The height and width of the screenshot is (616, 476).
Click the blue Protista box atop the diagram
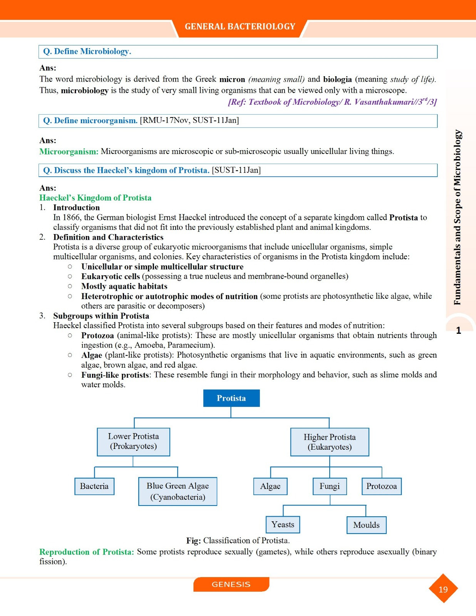pyautogui.click(x=231, y=398)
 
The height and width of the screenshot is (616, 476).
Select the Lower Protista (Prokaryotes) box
pyautogui.click(x=133, y=442)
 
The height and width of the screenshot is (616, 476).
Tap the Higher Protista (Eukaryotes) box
pyautogui.click(x=330, y=442)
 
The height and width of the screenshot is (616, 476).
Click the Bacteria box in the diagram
pyautogui.click(x=94, y=486)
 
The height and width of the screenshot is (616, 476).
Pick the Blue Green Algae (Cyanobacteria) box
pyautogui.click(x=178, y=491)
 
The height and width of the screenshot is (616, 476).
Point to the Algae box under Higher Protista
pyautogui.click(x=270, y=486)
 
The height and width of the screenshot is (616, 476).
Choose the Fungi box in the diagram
pyautogui.click(x=330, y=486)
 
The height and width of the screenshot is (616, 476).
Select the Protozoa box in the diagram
pyautogui.click(x=381, y=486)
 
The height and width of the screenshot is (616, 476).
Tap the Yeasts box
pyautogui.click(x=283, y=524)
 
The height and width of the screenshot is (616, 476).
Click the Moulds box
pyautogui.click(x=366, y=525)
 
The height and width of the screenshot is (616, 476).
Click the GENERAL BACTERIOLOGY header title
pyautogui.click(x=240, y=27)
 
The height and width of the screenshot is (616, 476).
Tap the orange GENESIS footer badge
pyautogui.click(x=231, y=584)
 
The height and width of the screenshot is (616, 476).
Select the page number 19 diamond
pyautogui.click(x=443, y=589)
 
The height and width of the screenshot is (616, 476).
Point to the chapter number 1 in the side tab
pyautogui.click(x=459, y=330)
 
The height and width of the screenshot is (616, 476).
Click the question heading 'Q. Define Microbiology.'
pyautogui.click(x=87, y=52)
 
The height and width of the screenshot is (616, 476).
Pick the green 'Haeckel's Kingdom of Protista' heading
pyautogui.click(x=95, y=198)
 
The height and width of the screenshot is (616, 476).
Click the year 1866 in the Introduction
pyautogui.click(x=71, y=218)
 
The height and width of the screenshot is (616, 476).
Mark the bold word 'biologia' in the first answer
pyautogui.click(x=337, y=79)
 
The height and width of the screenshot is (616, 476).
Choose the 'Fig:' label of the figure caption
pyautogui.click(x=193, y=541)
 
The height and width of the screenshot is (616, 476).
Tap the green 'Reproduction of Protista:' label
pyautogui.click(x=87, y=552)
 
